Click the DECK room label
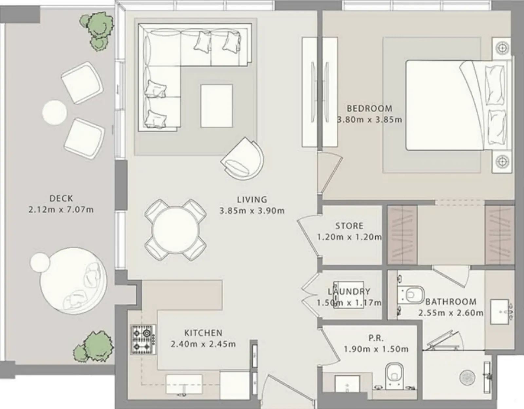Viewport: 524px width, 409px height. click(x=61, y=199)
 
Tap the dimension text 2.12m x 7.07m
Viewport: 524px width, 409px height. click(x=61, y=210)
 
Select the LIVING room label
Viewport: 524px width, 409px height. click(x=252, y=200)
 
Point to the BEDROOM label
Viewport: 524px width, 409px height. click(x=369, y=109)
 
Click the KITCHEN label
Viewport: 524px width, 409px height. click(x=203, y=333)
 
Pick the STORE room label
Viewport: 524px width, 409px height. click(x=349, y=226)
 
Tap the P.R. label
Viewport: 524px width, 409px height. click(x=376, y=338)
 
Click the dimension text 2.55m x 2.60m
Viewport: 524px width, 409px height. click(x=451, y=313)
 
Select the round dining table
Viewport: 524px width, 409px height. click(x=176, y=230)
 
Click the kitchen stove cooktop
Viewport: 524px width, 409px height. click(x=143, y=340)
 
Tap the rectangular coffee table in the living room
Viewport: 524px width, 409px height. click(x=217, y=106)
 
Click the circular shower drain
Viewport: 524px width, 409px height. click(x=467, y=378)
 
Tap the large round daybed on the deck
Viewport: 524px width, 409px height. click(x=73, y=281)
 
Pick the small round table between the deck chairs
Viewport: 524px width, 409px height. click(x=54, y=113)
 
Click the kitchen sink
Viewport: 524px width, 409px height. click(x=184, y=384)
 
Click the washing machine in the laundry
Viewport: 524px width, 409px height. click(x=348, y=295)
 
